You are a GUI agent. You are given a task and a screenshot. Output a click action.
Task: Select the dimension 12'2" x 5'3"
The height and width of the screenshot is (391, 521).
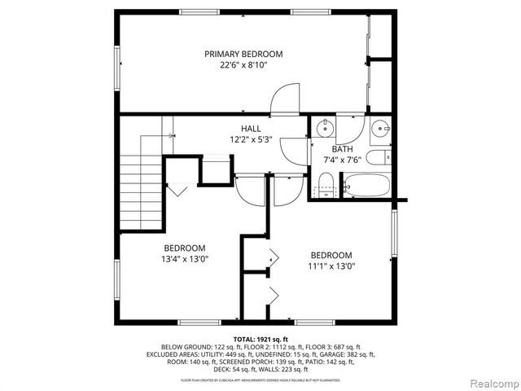[x=251, y=140]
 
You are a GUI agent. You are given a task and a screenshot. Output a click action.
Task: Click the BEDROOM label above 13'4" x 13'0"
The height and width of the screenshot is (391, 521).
[x=185, y=248]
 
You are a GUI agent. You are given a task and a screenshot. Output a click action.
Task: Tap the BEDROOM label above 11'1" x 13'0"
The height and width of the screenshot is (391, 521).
[x=331, y=255]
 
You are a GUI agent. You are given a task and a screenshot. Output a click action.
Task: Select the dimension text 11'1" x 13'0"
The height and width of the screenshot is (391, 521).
[x=331, y=266]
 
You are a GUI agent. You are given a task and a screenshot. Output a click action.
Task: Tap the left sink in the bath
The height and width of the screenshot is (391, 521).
[x=324, y=127]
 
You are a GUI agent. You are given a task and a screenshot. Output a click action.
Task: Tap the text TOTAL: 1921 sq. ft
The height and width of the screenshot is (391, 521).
[x=260, y=339]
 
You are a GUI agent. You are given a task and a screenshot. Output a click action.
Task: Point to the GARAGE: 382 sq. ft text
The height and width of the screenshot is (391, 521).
[x=348, y=355]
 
